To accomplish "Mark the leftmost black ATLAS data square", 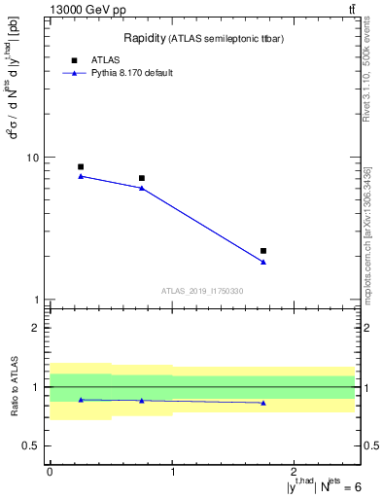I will click(x=81, y=166).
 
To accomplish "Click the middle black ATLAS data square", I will click(x=142, y=178).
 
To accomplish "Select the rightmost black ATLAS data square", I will click(x=263, y=251).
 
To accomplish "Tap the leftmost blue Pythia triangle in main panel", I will click(x=81, y=176).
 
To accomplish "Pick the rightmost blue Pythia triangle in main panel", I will click(x=263, y=262).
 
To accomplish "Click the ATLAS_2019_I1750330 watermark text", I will click(x=202, y=291).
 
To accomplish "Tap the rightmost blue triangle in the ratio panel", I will click(x=263, y=403).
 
